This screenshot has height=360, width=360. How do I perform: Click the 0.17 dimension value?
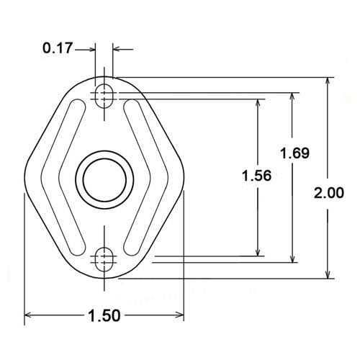(58, 49)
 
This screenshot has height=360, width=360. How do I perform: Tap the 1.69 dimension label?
(294, 153)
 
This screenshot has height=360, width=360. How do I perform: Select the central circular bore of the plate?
(105, 177)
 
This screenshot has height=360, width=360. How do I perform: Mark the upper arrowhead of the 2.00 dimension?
(329, 81)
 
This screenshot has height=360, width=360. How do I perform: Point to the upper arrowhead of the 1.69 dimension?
(293, 96)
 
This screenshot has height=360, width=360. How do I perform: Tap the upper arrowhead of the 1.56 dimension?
(257, 102)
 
